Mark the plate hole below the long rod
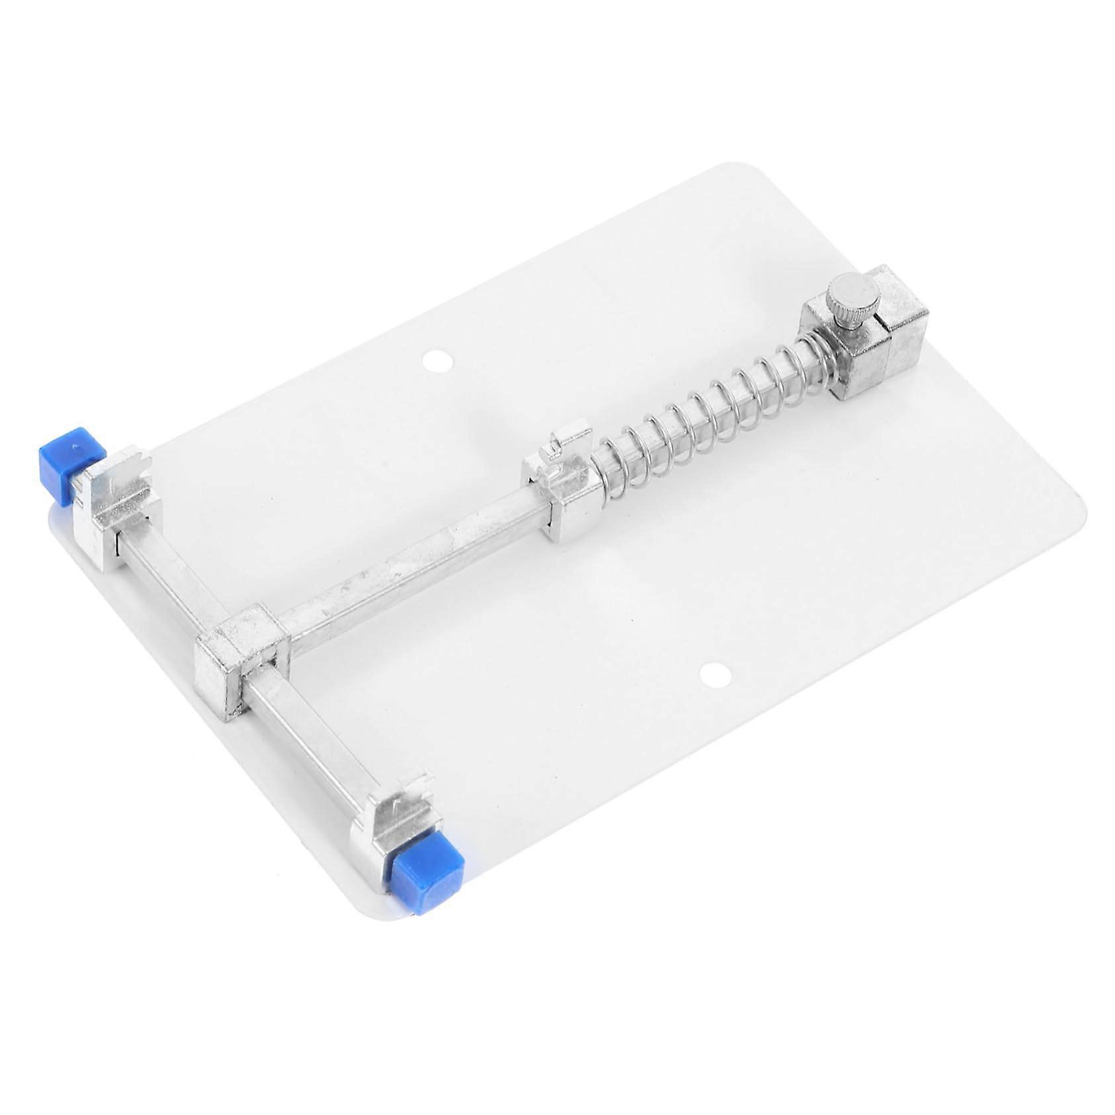[715, 675]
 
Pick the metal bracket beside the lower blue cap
[393, 820]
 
